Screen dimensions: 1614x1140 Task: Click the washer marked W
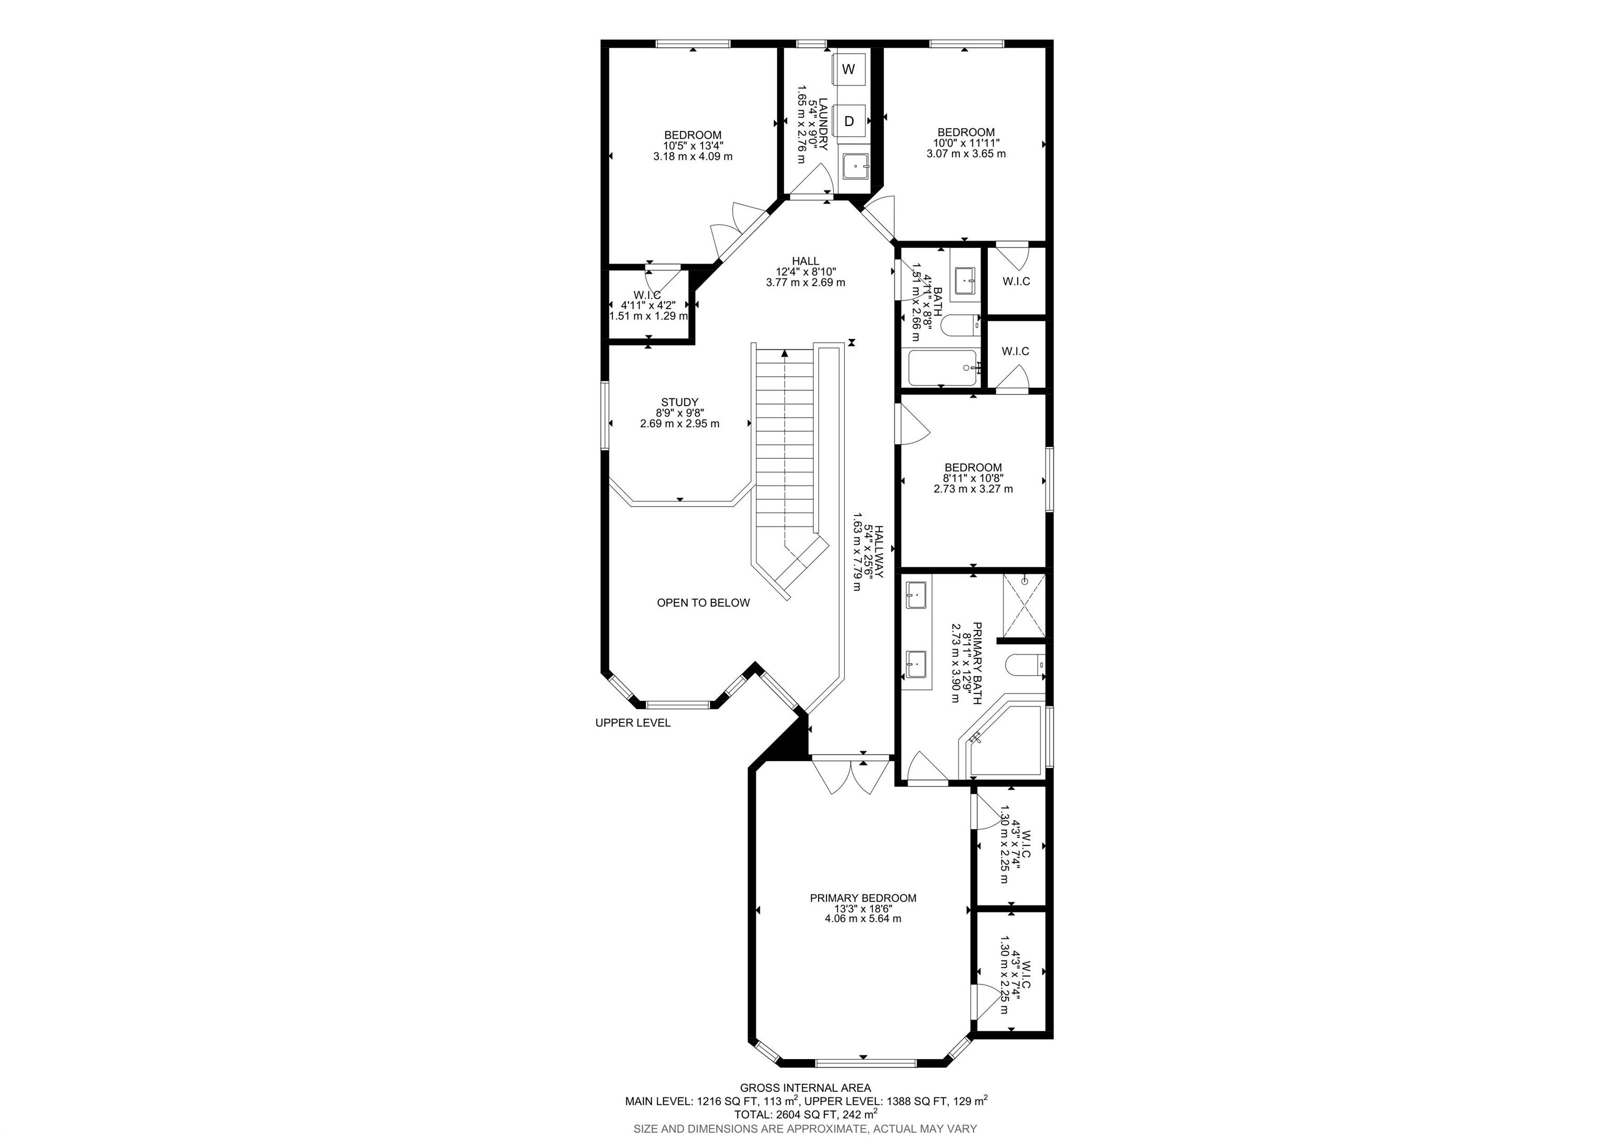[x=849, y=69]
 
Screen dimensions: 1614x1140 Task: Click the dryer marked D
[x=849, y=121]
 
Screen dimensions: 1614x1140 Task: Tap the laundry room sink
[x=855, y=167]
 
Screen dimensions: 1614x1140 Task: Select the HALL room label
[x=805, y=261]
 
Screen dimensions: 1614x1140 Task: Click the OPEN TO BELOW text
[x=703, y=603]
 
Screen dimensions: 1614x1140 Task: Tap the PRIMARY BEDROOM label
[x=863, y=897]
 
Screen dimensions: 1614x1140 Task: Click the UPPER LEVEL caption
[x=633, y=722]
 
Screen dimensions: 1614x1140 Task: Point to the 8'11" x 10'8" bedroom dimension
[x=973, y=478]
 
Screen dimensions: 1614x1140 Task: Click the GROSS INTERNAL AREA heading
[x=805, y=1088]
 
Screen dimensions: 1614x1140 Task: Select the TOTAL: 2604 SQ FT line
[x=805, y=1114]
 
